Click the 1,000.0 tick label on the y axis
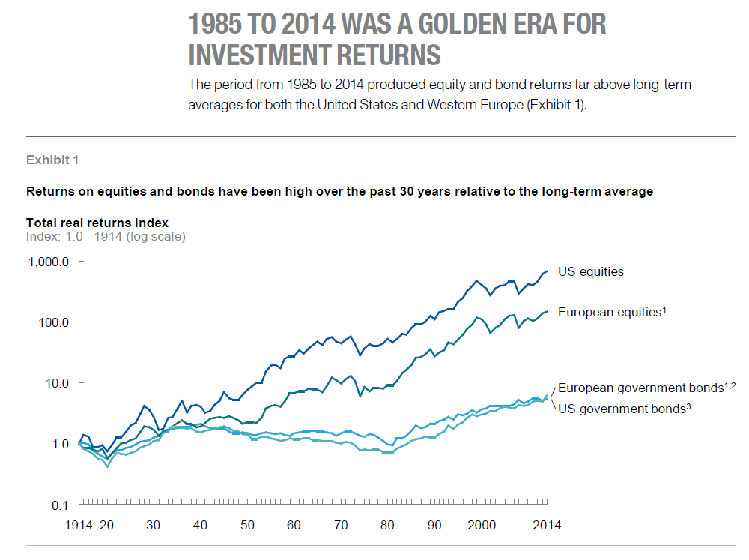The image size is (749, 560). pos(47,262)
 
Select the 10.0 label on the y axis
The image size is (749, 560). pos(55,383)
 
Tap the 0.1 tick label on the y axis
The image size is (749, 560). pos(60,504)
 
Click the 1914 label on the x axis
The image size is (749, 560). pos(78,526)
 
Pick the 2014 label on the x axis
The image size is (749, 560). pos(546,526)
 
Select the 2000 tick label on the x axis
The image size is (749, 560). pos(482,526)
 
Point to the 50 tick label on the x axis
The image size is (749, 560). pos(247,526)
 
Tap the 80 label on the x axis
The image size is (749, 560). pos(387,526)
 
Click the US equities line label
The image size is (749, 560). pos(591,272)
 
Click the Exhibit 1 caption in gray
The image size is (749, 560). pos(52,160)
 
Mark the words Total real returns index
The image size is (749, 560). pos(97,223)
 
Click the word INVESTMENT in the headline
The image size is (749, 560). pos(275,55)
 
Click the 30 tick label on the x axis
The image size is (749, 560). pos(154,526)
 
